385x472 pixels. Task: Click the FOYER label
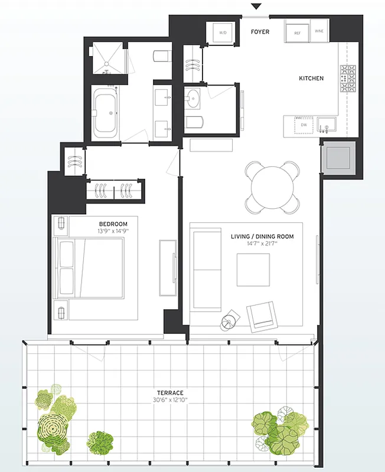pyautogui.click(x=260, y=31)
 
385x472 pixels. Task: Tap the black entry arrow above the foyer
pyautogui.click(x=256, y=6)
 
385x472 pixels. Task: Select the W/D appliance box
pyautogui.click(x=223, y=33)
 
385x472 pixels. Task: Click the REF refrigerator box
pyautogui.click(x=298, y=33)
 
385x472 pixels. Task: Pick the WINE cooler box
pyautogui.click(x=319, y=31)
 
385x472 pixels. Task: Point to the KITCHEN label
pyautogui.click(x=311, y=78)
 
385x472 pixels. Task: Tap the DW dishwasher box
pyautogui.click(x=304, y=125)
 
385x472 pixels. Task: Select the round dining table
pyautogui.click(x=272, y=187)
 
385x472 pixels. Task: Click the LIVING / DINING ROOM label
pyautogui.click(x=262, y=237)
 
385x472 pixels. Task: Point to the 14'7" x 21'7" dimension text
pyautogui.click(x=262, y=243)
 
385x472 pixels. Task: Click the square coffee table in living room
pyautogui.click(x=253, y=270)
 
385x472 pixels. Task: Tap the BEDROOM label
pyautogui.click(x=113, y=224)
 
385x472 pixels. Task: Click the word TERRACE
pyautogui.click(x=169, y=392)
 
